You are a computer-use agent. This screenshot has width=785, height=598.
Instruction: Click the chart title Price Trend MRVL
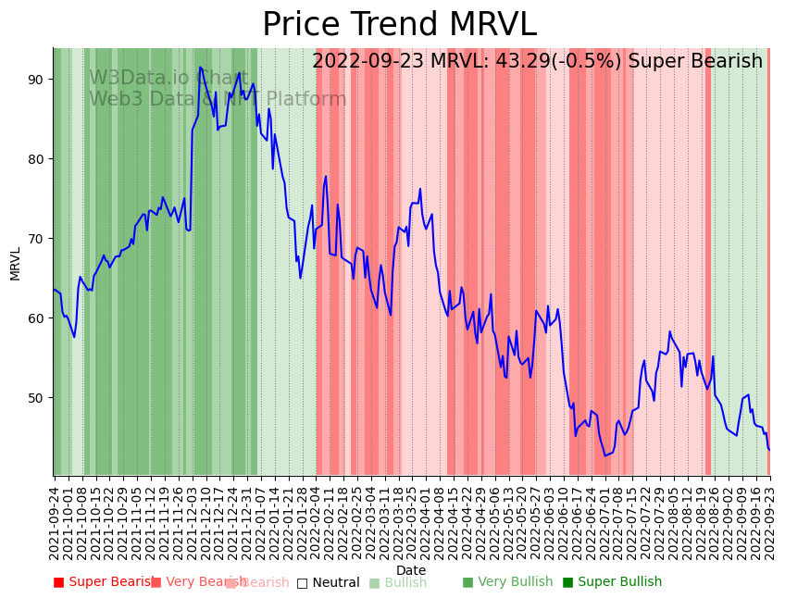[399, 25]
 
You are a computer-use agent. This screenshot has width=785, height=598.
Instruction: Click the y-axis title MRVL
[16, 263]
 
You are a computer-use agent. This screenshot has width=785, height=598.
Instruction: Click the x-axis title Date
[411, 570]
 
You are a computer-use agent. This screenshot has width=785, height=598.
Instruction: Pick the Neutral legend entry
[328, 582]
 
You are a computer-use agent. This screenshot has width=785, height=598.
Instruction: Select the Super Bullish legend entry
[612, 582]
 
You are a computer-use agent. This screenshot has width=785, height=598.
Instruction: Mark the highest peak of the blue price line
[200, 67]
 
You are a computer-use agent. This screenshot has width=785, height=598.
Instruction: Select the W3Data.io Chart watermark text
[168, 78]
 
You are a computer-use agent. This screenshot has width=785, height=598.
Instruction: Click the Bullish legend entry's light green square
[374, 583]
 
